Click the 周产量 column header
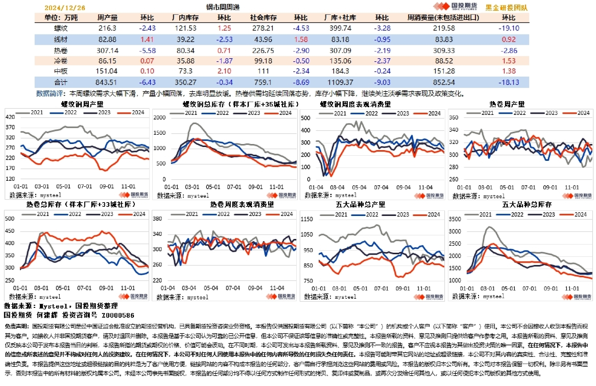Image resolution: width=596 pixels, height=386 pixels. [108, 17]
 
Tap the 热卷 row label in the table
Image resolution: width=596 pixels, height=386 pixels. [61, 50]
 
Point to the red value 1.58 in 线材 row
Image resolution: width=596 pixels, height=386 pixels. [301, 39]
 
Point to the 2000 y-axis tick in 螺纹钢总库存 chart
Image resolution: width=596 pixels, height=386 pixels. [174, 117]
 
